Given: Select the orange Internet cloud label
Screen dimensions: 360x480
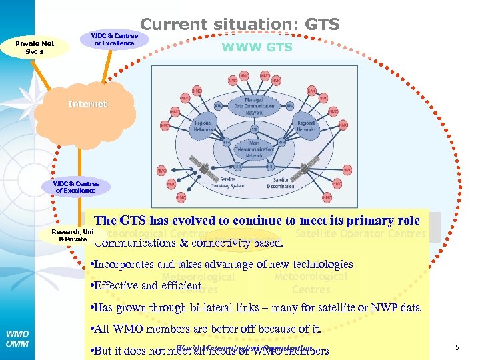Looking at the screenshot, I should coord(87,104).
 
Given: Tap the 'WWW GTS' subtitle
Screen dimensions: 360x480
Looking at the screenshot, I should coord(257,47).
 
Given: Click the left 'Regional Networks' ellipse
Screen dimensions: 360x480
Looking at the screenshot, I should coord(203,127).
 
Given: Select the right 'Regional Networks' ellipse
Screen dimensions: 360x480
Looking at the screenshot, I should coord(306,127).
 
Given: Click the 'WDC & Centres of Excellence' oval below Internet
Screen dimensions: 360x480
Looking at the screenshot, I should coord(76,187).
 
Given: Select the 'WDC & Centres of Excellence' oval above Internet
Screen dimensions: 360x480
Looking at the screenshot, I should coord(114,39).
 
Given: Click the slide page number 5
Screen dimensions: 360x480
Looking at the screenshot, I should coord(457,347).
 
